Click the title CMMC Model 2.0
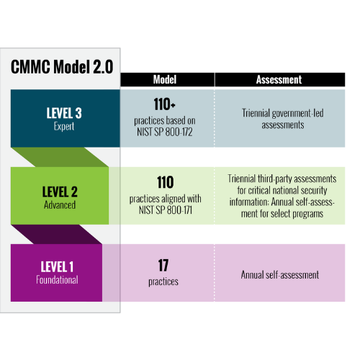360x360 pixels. (x=62, y=67)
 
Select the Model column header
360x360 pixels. (x=165, y=80)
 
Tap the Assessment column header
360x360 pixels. (x=279, y=80)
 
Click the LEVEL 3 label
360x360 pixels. (x=64, y=113)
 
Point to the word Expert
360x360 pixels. (x=64, y=126)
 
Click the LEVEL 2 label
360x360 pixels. (x=60, y=192)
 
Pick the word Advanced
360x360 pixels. (x=60, y=205)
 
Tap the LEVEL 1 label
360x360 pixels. (x=57, y=266)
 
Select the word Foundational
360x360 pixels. (x=57, y=280)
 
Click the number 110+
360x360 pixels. (x=165, y=104)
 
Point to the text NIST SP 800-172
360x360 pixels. (x=165, y=132)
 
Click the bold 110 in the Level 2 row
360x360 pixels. (x=166, y=182)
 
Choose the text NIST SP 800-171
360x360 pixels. (x=166, y=210)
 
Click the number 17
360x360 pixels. (x=163, y=266)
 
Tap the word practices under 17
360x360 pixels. (x=163, y=282)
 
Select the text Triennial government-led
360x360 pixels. (x=283, y=113)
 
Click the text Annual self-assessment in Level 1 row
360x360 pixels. (x=280, y=275)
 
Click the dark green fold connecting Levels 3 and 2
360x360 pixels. (x=60, y=157)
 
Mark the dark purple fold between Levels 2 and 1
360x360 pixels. (x=57, y=234)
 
